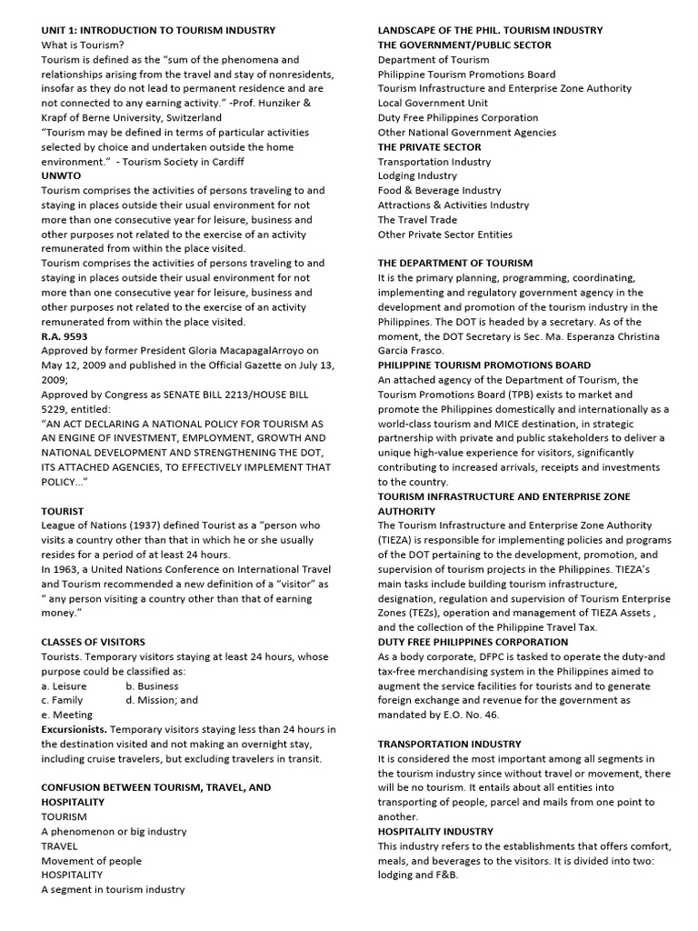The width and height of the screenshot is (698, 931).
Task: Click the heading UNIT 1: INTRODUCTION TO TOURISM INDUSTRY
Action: click(x=158, y=30)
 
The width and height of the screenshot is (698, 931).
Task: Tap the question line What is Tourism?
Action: click(x=83, y=45)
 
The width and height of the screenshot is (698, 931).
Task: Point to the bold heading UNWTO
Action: click(x=60, y=175)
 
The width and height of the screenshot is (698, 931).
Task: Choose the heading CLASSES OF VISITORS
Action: click(x=93, y=642)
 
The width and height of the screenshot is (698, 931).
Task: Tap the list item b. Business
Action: click(x=152, y=686)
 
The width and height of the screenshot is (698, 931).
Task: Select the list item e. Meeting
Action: click(x=66, y=715)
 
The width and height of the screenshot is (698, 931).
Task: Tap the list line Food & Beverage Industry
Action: click(x=439, y=190)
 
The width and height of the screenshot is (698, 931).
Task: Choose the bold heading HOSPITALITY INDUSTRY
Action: click(x=435, y=831)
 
